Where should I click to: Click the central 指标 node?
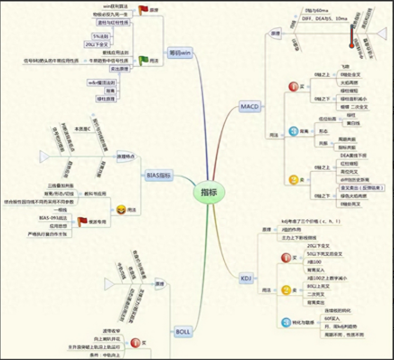tap(207, 192)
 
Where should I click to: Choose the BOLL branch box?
tap(182, 331)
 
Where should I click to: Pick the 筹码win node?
tap(180, 53)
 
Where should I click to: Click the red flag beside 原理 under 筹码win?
tap(143, 9)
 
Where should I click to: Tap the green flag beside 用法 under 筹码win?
tap(143, 60)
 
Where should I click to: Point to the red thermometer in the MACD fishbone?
tap(352, 37)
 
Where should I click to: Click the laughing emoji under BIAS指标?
tap(121, 208)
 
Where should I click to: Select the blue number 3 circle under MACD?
tap(293, 131)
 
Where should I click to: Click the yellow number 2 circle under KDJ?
tap(286, 289)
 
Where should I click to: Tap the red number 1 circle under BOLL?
tap(135, 342)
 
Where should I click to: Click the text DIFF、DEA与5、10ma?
tap(324, 18)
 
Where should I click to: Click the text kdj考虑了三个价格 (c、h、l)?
tap(311, 221)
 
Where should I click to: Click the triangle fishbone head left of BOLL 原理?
tap(109, 284)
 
